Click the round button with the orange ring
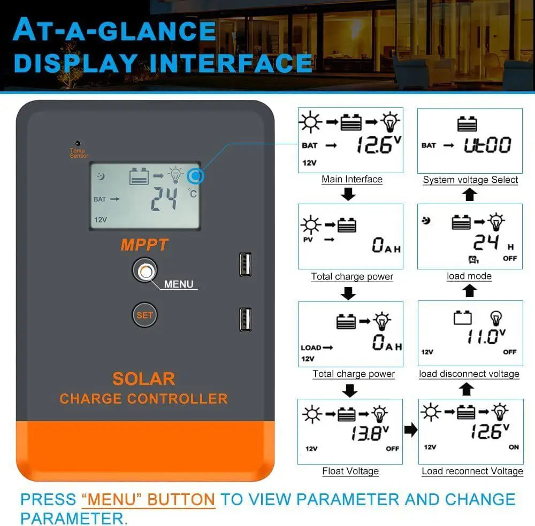tap(144, 272)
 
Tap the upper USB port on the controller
tap(246, 264)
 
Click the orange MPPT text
tap(144, 245)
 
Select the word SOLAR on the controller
tap(144, 378)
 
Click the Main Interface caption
tap(351, 180)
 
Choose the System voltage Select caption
tap(470, 180)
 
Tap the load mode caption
tap(469, 276)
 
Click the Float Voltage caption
tap(350, 471)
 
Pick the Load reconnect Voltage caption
tap(472, 471)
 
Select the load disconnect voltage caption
tap(469, 374)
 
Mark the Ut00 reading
tap(487, 145)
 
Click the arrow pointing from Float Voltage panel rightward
tap(410, 430)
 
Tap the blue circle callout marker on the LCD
tap(195, 175)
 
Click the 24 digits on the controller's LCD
tap(164, 200)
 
